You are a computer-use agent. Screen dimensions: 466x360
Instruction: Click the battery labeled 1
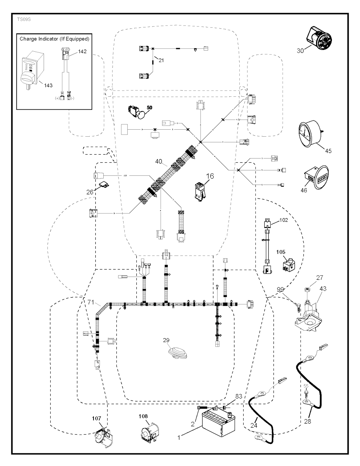tap(218, 422)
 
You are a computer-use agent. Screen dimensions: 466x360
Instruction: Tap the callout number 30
tap(300, 51)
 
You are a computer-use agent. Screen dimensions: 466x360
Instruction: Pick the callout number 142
tap(82, 51)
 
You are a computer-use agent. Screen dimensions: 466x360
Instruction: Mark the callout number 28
tap(308, 421)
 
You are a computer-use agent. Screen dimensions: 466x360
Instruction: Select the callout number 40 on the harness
tap(159, 162)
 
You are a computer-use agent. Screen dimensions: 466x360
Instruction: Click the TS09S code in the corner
tap(24, 19)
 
